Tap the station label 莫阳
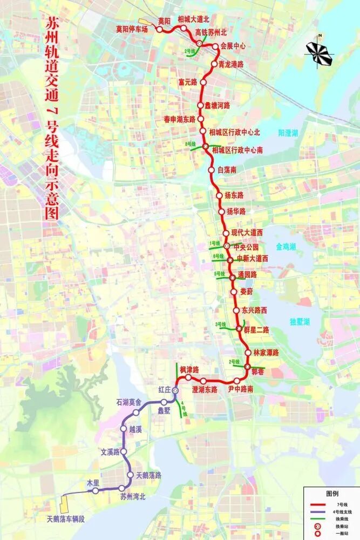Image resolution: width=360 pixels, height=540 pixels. coord(164,21)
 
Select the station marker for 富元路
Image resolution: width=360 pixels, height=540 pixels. coord(203,82)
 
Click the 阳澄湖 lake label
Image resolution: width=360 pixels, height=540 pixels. coord(288,132)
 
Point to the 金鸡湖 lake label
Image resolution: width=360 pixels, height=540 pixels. coord(286,247)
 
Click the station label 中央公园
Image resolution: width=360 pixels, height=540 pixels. coord(248,248)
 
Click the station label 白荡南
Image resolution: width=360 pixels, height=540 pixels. coord(227,170)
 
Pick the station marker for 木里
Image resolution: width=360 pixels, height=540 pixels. coord(96,491)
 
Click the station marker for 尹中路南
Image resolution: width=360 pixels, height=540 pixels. coord(237,381)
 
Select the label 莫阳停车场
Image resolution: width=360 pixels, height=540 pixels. coord(132,29)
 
